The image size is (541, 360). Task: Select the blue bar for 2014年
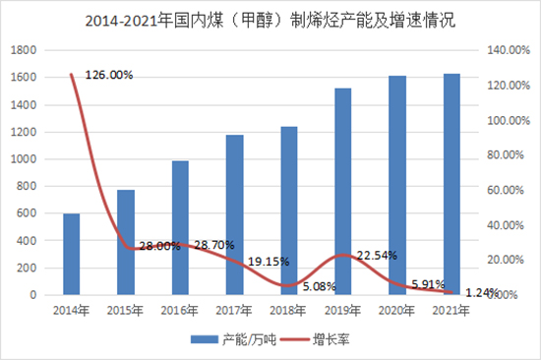[72, 254]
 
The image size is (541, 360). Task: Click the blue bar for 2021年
[451, 184]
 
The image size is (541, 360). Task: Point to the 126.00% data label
[109, 75]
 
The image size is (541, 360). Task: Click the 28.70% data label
[213, 244]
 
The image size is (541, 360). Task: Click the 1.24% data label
[479, 292]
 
